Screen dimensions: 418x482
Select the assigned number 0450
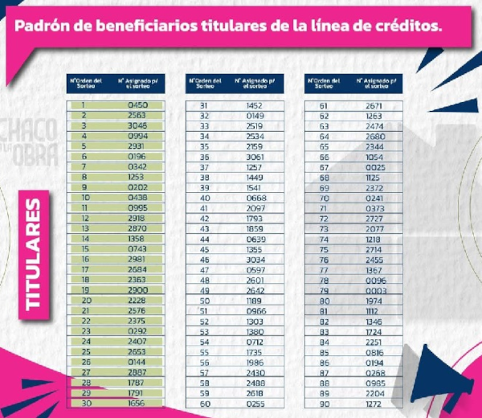(x=137, y=105)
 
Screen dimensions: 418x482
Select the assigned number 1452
(x=255, y=105)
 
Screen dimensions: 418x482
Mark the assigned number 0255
(x=255, y=404)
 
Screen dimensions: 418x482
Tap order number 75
(x=325, y=249)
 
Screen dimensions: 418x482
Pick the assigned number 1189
(x=255, y=301)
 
